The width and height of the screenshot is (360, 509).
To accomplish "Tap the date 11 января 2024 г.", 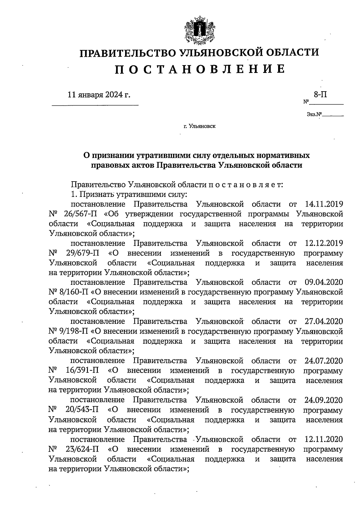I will pos(99,95).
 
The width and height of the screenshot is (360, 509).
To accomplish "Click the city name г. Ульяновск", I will pos(199,126).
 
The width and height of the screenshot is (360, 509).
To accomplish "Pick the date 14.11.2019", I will pos(324,204).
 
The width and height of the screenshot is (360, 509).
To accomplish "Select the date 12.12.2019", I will pos(324,243).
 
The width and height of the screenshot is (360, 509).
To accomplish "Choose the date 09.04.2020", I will pos(324,282).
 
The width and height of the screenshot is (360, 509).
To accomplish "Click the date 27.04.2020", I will pos(324,321).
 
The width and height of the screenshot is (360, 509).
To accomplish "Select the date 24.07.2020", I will pos(324,360).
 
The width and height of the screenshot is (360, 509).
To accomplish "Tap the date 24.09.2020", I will pos(324,399).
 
